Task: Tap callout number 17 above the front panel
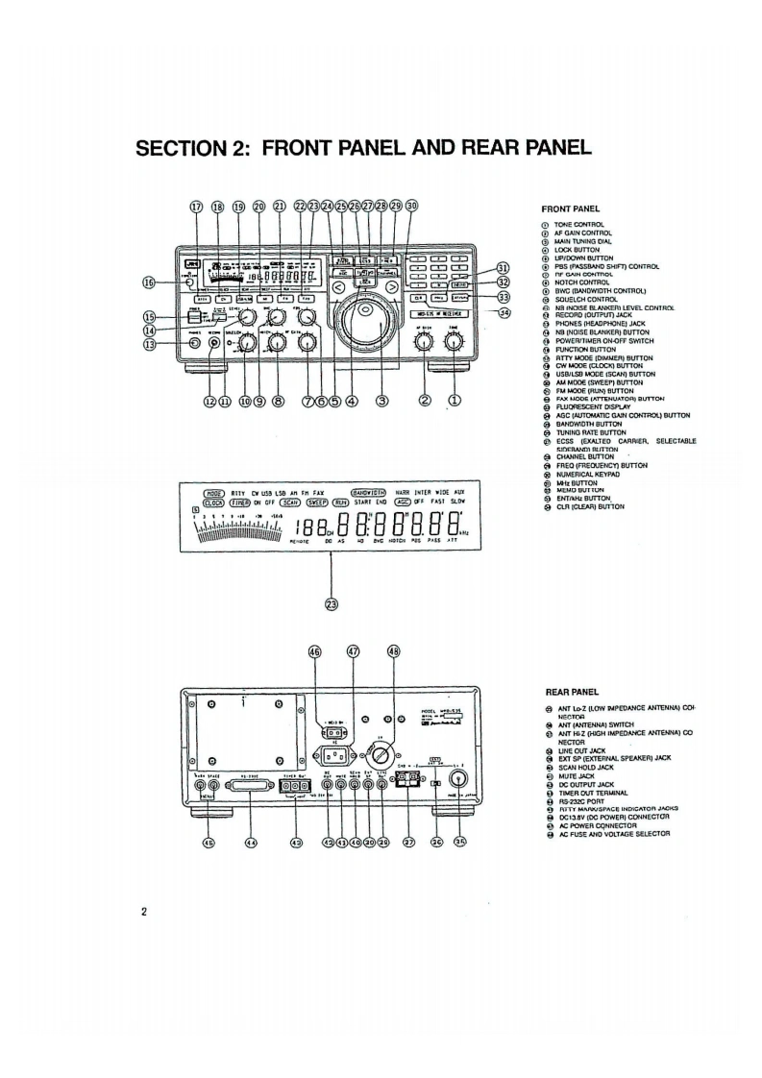pyautogui.click(x=197, y=206)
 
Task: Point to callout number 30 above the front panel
pyautogui.click(x=412, y=206)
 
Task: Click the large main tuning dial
pyautogui.click(x=364, y=324)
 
